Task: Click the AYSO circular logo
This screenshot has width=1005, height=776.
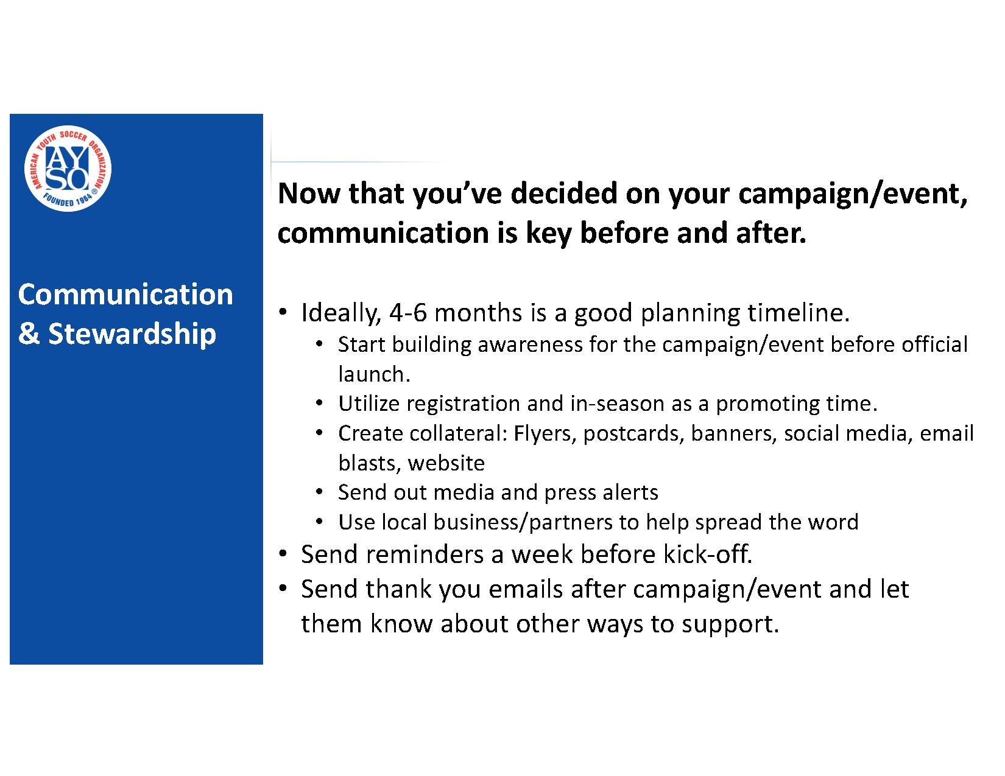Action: pos(68,169)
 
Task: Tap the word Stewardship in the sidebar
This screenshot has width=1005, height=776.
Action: pos(132,334)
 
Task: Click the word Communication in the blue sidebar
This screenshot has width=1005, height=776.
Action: pos(125,294)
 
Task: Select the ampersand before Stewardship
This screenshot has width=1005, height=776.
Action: pos(29,334)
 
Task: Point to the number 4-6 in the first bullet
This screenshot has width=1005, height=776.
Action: pos(408,313)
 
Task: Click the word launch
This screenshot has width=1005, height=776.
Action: pos(374,374)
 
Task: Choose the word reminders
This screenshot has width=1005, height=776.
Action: pos(425,554)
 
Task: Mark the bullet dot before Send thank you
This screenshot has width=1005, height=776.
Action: pos(283,589)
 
